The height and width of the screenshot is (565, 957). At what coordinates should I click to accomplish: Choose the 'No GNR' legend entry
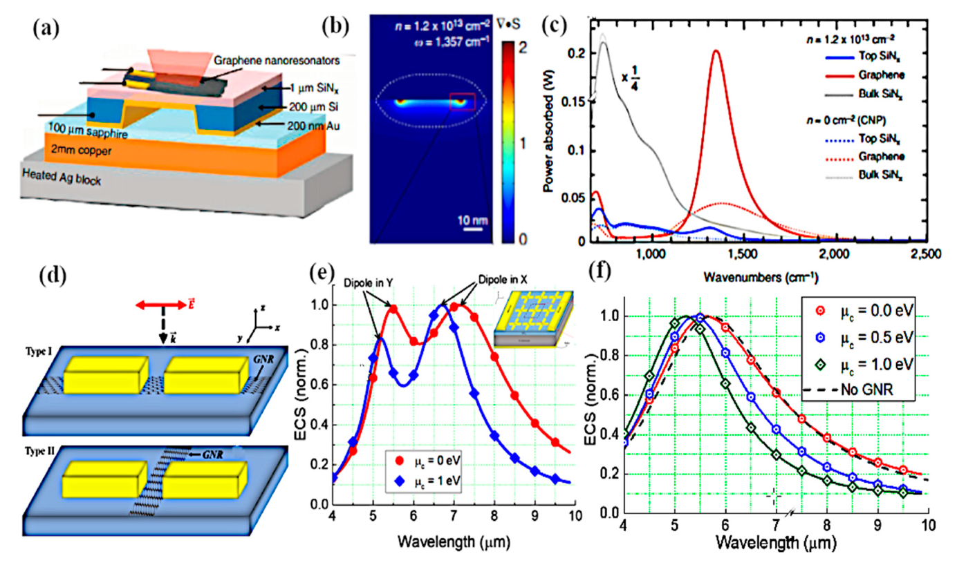(x=862, y=391)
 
